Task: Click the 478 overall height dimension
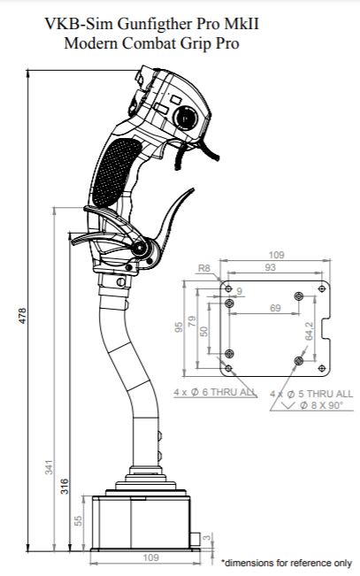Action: [x=23, y=316]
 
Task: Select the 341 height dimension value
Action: [x=50, y=467]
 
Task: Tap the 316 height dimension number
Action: [x=65, y=486]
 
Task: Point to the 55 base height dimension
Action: [x=78, y=520]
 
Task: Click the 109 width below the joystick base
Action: [x=150, y=557]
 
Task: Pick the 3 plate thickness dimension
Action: [x=208, y=538]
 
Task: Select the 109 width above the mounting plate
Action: [x=276, y=255]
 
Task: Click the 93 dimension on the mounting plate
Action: [x=270, y=267]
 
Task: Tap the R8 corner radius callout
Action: [x=204, y=268]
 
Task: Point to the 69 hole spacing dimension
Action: [x=275, y=308]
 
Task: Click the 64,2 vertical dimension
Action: [x=309, y=331]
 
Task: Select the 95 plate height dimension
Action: [x=179, y=327]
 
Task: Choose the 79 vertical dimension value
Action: [x=192, y=321]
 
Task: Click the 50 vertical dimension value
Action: [x=204, y=331]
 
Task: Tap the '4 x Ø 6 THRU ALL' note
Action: [x=215, y=392]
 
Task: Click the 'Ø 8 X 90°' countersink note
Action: [x=321, y=405]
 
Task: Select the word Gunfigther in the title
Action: [x=156, y=24]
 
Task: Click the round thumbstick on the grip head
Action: [x=186, y=118]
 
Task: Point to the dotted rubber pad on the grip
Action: [x=116, y=173]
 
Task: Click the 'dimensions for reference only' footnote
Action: [x=287, y=563]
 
